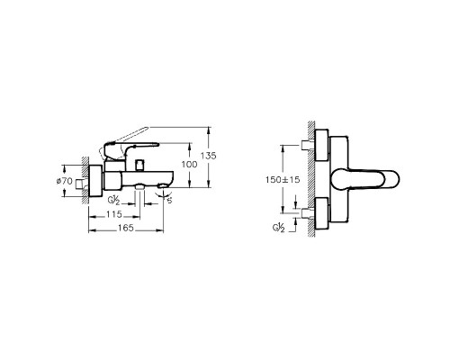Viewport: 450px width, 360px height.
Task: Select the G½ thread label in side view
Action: pos(114,199)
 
